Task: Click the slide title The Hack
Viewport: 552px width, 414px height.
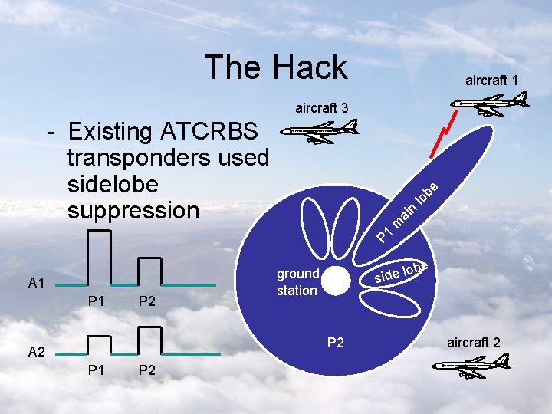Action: [275, 67]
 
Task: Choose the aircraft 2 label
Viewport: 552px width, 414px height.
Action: [474, 342]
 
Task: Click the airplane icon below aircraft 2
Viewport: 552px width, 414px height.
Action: [468, 367]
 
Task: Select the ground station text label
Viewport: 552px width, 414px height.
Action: [297, 282]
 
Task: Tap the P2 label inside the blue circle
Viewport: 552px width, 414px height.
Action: [336, 343]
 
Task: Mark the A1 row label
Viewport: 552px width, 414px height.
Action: [36, 284]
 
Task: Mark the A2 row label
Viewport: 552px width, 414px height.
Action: [36, 352]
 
